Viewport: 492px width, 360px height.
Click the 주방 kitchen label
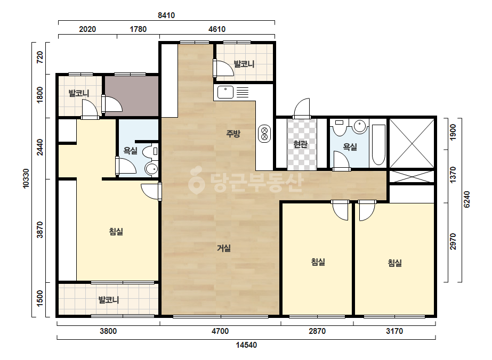click(x=233, y=134)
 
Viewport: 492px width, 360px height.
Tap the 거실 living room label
click(x=224, y=248)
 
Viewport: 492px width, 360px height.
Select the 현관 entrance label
click(x=300, y=144)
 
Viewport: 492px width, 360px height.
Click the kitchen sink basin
click(x=225, y=92)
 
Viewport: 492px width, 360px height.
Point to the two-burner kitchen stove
click(x=264, y=133)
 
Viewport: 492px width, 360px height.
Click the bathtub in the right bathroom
click(x=378, y=145)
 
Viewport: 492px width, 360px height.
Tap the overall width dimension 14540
click(x=246, y=345)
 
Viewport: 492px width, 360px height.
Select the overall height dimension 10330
click(x=26, y=178)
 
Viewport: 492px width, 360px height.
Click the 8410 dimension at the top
click(x=166, y=15)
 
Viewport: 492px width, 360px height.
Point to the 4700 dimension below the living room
click(x=220, y=331)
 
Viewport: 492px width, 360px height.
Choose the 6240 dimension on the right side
click(x=466, y=200)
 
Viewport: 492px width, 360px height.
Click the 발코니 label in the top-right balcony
click(x=244, y=64)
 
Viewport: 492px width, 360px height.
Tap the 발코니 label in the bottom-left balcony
click(x=109, y=300)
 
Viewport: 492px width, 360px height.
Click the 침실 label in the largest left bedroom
click(x=116, y=232)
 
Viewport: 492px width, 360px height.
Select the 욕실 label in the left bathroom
click(x=130, y=151)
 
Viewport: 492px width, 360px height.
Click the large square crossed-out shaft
click(x=412, y=143)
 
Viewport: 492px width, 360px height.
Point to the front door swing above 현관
click(x=302, y=108)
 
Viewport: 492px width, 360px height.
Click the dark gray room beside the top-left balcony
click(x=132, y=96)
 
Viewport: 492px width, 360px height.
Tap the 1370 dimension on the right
click(x=453, y=175)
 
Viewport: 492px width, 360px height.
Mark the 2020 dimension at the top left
click(x=87, y=29)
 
